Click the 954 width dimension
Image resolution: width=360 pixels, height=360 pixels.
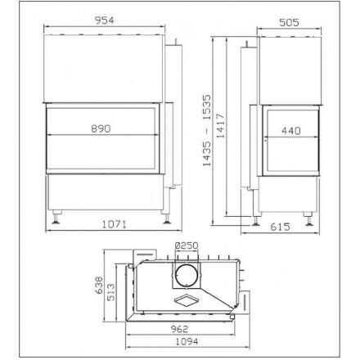pos(104,20)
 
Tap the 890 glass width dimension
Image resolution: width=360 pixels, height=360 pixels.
pos(101,128)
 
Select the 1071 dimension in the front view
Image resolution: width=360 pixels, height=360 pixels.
pos(115,224)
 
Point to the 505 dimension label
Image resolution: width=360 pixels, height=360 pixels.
pos(289,22)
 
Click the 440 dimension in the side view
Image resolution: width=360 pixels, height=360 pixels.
pos(291,131)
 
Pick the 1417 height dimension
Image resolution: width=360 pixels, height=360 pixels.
pos(220,125)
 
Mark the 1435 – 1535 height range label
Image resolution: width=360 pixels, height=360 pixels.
pos(207,130)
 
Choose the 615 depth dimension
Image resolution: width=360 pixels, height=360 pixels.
pos(280,227)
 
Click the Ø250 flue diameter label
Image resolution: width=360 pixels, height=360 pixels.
pos(187,245)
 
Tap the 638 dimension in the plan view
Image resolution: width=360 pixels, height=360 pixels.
pos(99,285)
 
